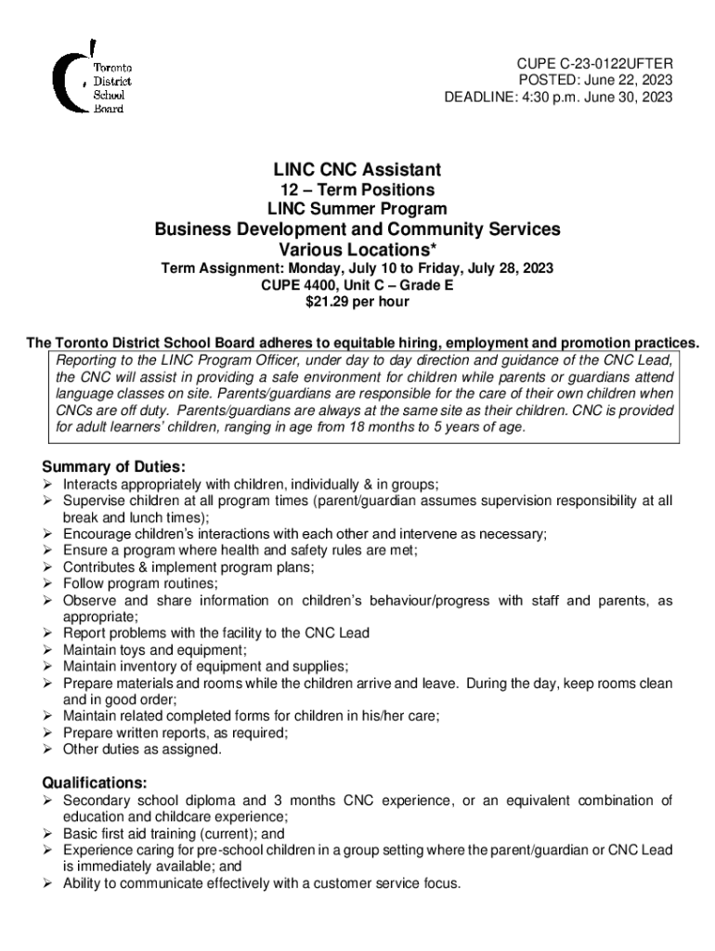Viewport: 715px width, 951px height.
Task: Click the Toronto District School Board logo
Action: coord(92,78)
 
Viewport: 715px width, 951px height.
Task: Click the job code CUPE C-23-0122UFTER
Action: coord(594,62)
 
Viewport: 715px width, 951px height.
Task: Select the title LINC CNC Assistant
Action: coord(357,170)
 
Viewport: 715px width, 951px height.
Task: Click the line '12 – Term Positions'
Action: coord(357,190)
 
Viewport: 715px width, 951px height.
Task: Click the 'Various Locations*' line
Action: coord(357,250)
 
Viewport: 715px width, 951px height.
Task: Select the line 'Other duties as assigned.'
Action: coord(142,749)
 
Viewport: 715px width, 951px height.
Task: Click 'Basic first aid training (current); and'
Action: coord(174,834)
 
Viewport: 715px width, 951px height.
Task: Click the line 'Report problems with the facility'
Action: coord(215,633)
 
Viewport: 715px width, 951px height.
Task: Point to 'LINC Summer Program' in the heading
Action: coord(357,210)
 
